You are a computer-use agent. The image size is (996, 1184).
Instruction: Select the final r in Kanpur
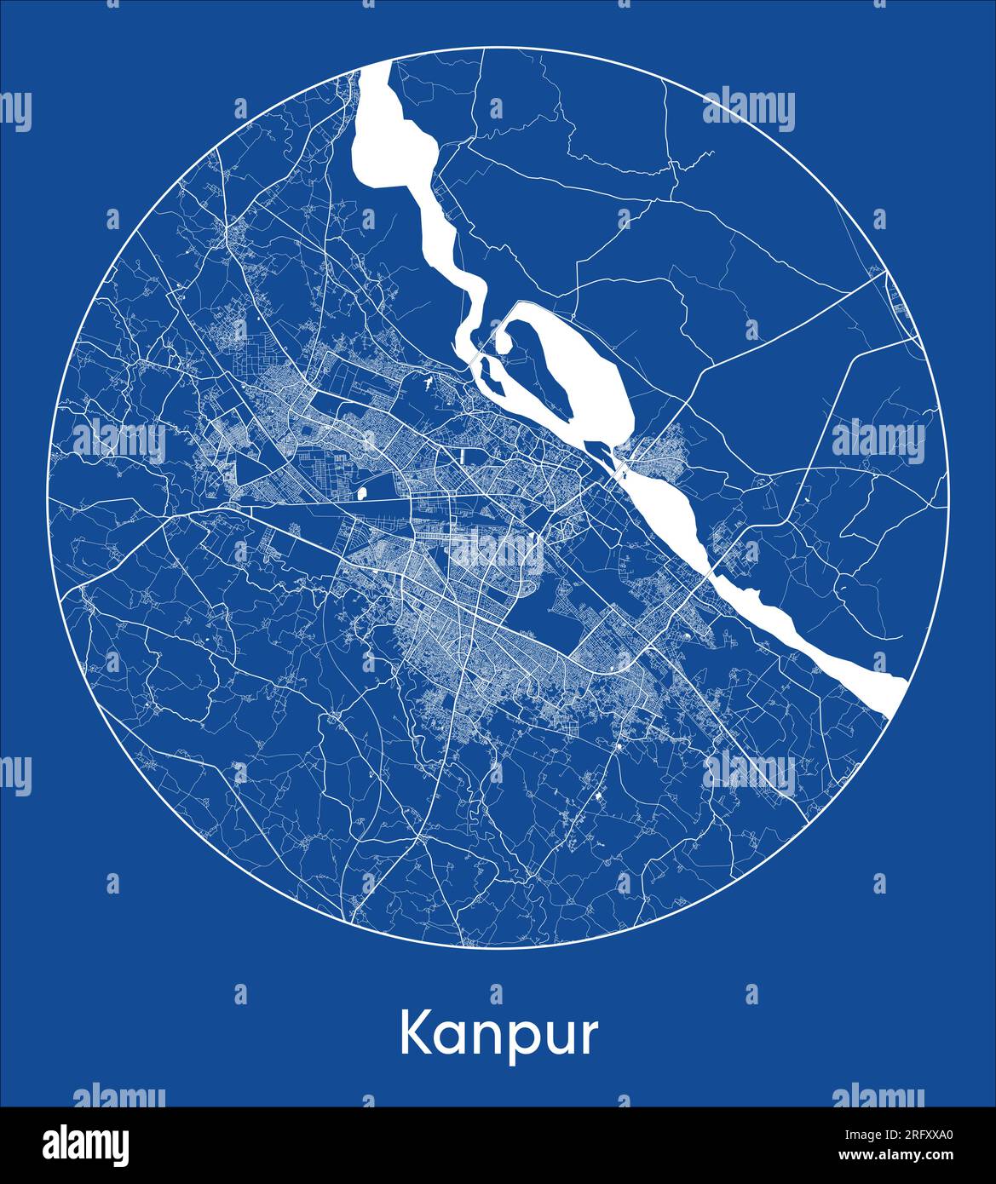click(x=588, y=1038)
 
